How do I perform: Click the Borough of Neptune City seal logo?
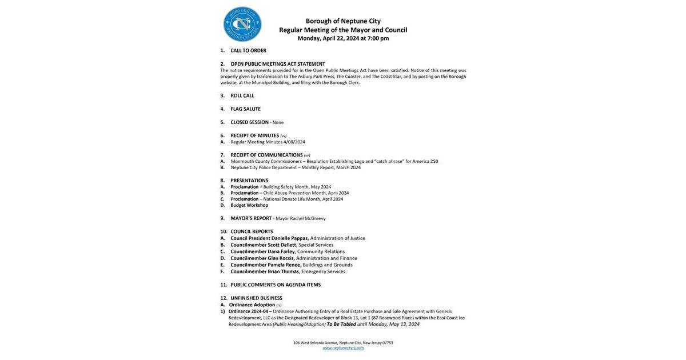[242, 24]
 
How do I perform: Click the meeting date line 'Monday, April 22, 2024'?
[343, 38]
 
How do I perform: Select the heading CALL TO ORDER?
[248, 51]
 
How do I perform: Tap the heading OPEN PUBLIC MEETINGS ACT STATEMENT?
[278, 64]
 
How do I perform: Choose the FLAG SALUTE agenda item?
[245, 109]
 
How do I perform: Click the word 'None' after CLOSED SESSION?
[278, 123]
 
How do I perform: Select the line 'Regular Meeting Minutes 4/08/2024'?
[268, 142]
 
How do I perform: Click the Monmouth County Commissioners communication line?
[334, 162]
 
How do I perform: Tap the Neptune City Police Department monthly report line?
[296, 168]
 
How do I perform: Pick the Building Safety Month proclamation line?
[281, 187]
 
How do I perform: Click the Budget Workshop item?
[249, 206]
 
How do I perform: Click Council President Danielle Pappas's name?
[269, 238]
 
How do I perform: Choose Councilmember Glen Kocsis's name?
[262, 258]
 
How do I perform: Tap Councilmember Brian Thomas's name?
[265, 271]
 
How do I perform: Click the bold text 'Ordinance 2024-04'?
[249, 311]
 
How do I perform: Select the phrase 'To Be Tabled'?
[341, 325]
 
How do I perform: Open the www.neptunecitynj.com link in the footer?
[343, 348]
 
